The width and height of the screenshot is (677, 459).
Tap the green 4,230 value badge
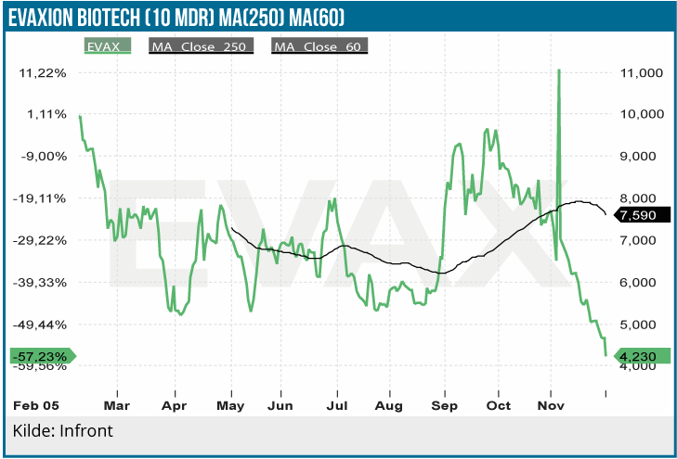[639, 356]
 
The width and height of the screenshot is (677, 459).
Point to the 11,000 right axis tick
[640, 72]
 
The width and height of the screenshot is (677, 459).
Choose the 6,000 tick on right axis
[640, 282]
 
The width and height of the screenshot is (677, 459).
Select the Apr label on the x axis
[173, 405]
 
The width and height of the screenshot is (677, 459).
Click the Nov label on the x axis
[553, 405]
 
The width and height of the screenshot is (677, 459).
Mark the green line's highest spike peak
[559, 70]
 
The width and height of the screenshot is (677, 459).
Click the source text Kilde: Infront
[63, 432]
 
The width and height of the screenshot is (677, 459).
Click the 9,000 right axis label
[640, 156]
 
